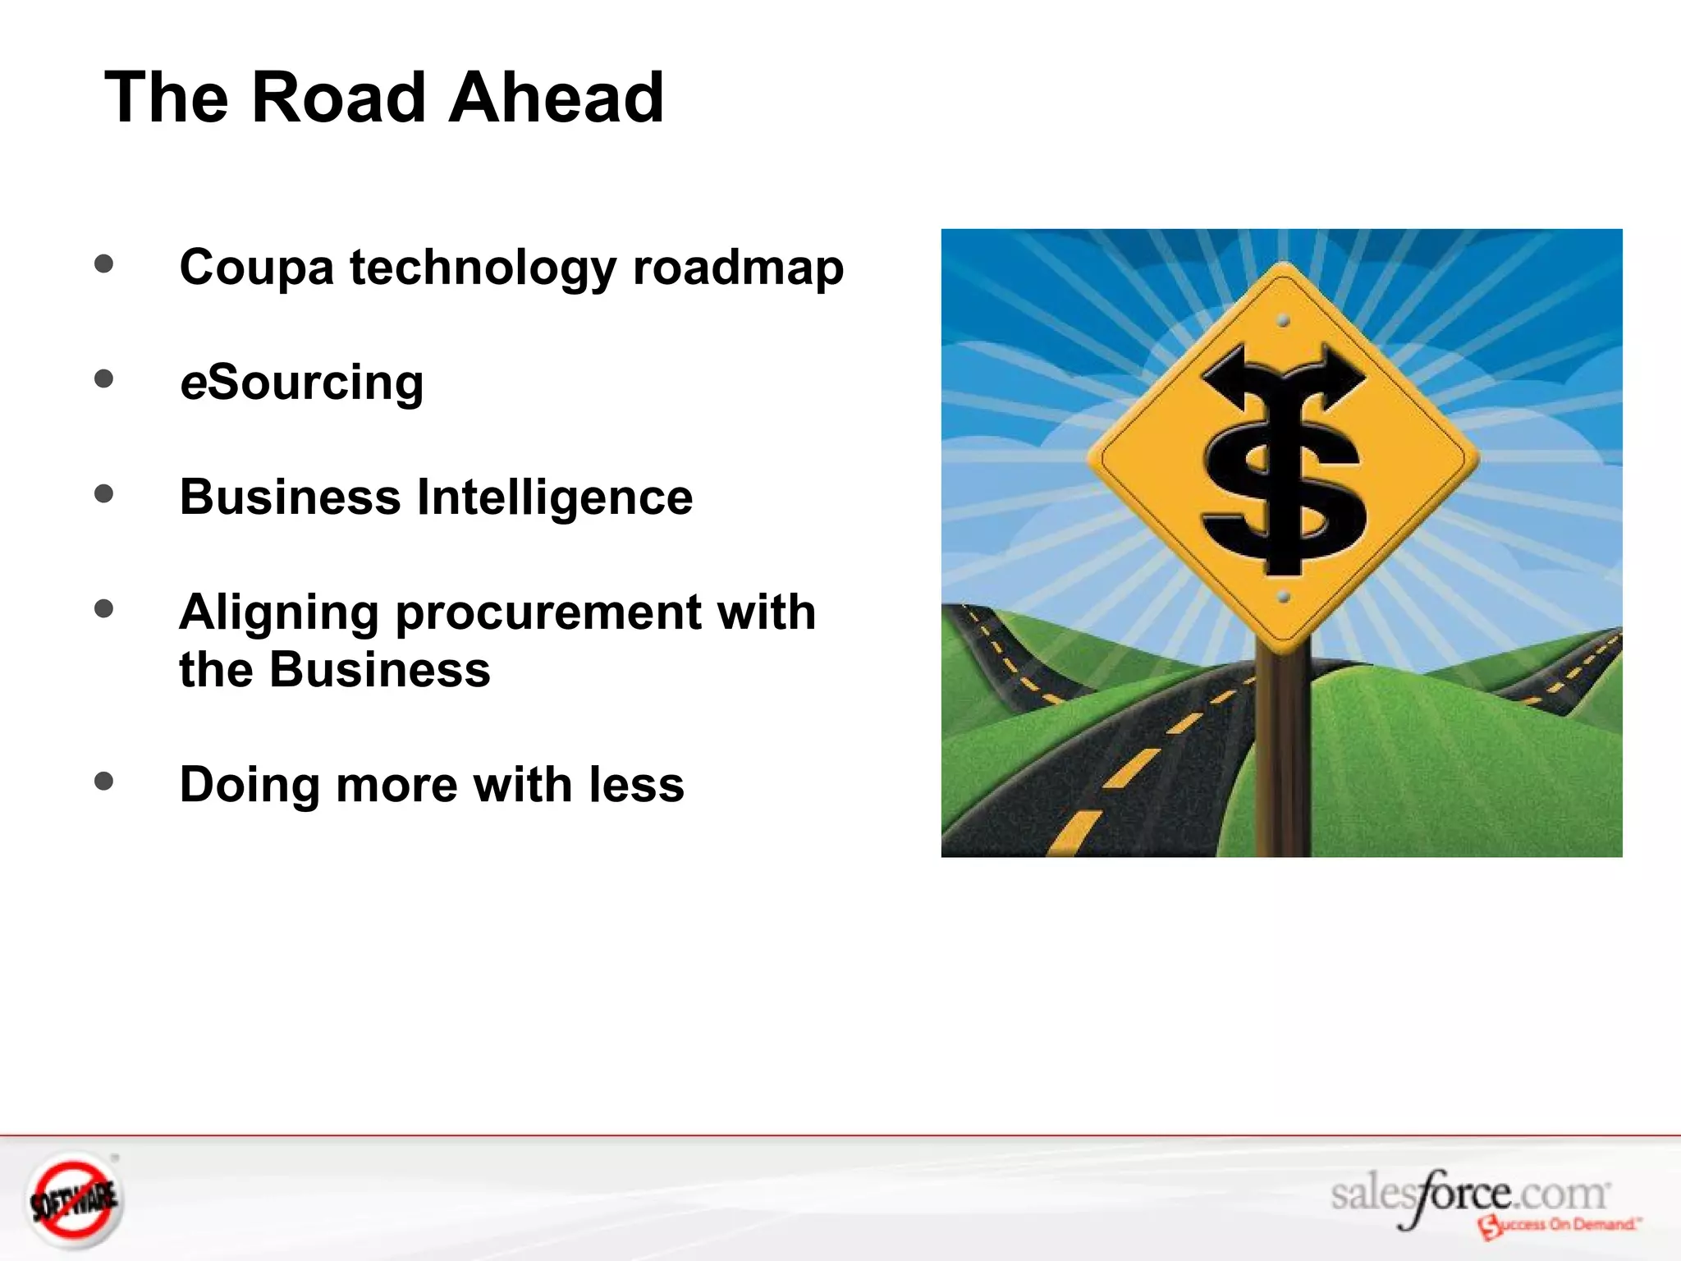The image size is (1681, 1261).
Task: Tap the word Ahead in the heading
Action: (x=556, y=98)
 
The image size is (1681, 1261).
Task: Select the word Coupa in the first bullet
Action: (x=256, y=268)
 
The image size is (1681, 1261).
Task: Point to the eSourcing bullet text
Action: (x=301, y=383)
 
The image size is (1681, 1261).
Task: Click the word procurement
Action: (x=548, y=613)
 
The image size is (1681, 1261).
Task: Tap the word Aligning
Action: (x=279, y=613)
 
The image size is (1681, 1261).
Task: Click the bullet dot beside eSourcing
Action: (x=103, y=378)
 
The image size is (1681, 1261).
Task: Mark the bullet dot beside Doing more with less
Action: (x=103, y=780)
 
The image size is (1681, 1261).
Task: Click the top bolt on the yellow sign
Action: (x=1284, y=320)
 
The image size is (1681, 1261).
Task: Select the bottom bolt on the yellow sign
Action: (x=1284, y=597)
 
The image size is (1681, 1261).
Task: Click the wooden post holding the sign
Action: (x=1282, y=755)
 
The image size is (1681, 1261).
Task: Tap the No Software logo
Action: (x=74, y=1201)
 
